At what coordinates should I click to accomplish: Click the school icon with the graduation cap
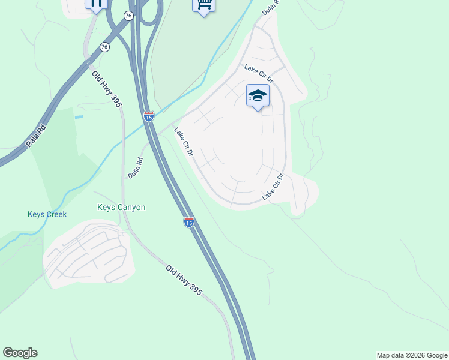(x=258, y=96)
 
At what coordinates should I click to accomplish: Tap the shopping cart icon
(x=203, y=5)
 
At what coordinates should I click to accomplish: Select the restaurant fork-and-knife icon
(x=96, y=4)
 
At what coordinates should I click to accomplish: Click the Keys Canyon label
(x=121, y=207)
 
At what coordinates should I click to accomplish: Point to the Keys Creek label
(x=47, y=214)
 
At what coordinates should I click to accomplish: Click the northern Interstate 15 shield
(x=148, y=116)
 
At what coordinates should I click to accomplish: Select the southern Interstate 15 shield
(x=189, y=222)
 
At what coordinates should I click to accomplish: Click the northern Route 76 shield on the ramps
(x=129, y=16)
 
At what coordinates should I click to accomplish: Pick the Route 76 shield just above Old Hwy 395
(x=105, y=47)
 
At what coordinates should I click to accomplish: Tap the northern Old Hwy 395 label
(x=107, y=88)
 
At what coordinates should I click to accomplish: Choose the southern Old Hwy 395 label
(x=184, y=280)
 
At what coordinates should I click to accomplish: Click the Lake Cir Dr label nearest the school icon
(x=259, y=74)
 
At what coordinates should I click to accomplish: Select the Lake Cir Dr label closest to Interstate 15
(x=183, y=142)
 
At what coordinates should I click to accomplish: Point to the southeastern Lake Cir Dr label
(x=272, y=188)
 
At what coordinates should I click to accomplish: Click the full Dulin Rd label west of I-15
(x=136, y=167)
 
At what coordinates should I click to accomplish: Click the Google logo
(x=20, y=353)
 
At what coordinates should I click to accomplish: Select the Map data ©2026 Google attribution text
(x=412, y=355)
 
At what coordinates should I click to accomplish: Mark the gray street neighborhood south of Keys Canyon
(x=88, y=255)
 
